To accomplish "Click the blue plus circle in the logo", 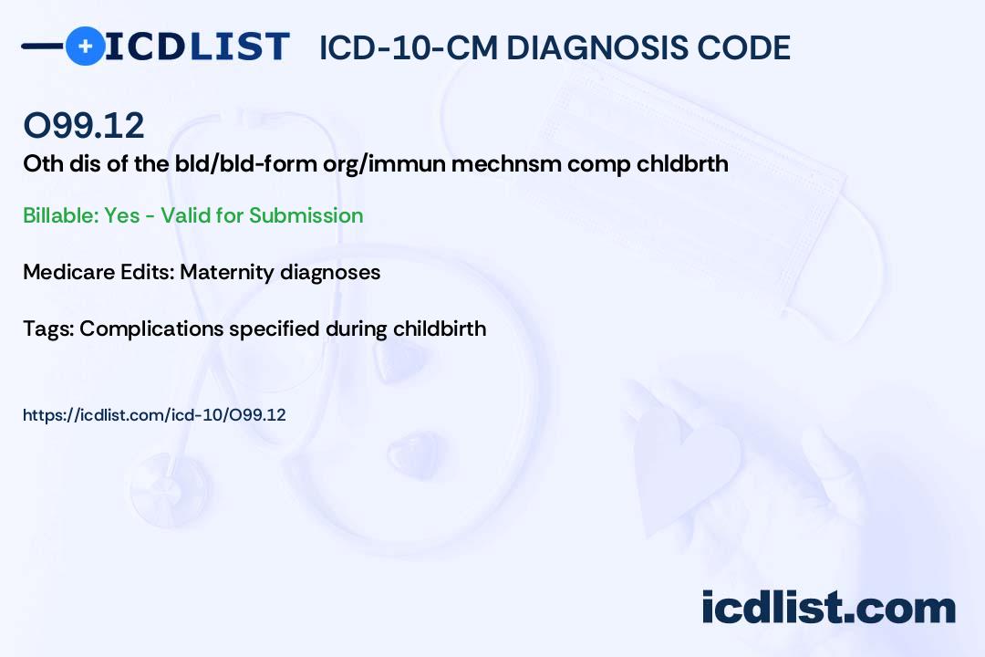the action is [86, 47].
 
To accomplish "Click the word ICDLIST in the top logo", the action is [197, 47].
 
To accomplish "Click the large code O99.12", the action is [84, 125].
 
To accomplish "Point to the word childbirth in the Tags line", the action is [440, 328].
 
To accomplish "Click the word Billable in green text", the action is [60, 215].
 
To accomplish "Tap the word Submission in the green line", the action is [306, 215].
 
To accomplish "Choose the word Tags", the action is [48, 329].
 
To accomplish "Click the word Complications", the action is [151, 329].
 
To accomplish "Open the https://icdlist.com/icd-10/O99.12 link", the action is [154, 415].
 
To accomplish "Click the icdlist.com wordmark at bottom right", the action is [828, 607].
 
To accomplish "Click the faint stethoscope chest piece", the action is [170, 487].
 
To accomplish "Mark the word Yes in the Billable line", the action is [122, 215].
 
